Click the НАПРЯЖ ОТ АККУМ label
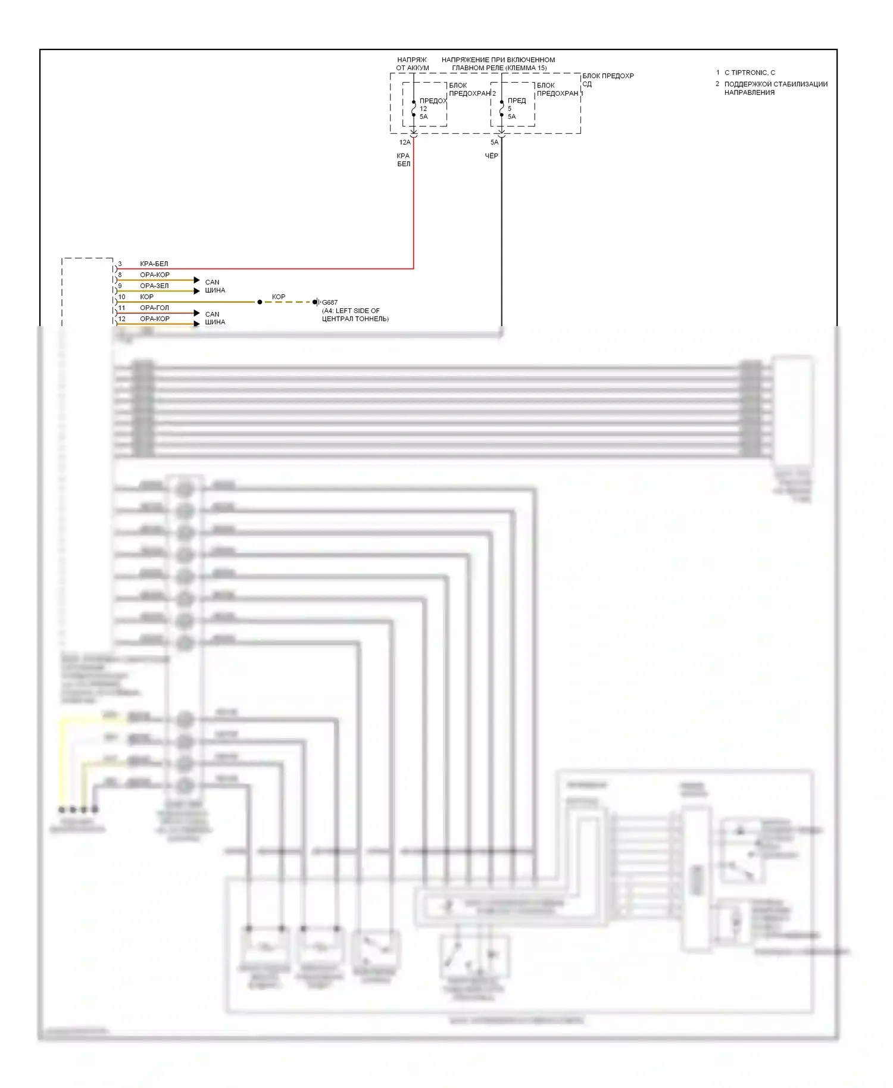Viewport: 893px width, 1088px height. coord(412,64)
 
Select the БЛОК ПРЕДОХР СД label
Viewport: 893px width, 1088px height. coord(607,79)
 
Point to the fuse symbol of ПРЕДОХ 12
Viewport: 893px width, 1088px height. coord(413,108)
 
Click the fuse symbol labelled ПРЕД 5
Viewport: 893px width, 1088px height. coord(501,108)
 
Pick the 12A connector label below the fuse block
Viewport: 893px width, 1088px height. coord(405,143)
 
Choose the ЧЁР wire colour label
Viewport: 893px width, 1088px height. coord(491,156)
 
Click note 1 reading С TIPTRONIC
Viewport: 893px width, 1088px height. coord(749,73)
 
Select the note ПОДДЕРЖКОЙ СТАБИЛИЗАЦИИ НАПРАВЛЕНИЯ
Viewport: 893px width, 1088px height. coord(775,88)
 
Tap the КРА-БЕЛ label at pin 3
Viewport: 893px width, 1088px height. coord(154,264)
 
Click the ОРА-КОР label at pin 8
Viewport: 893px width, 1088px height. coord(154,275)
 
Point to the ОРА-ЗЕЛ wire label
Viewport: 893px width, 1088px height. coord(154,286)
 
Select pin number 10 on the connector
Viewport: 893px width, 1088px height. coord(121,297)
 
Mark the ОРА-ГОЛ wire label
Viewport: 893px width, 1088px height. coord(154,308)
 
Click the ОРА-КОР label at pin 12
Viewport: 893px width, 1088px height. coord(154,319)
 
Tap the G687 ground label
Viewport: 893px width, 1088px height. coord(330,302)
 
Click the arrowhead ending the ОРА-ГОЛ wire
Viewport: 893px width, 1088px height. coord(197,313)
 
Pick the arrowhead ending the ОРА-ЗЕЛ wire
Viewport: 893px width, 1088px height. coord(197,291)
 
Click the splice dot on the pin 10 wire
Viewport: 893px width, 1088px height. coord(260,302)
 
